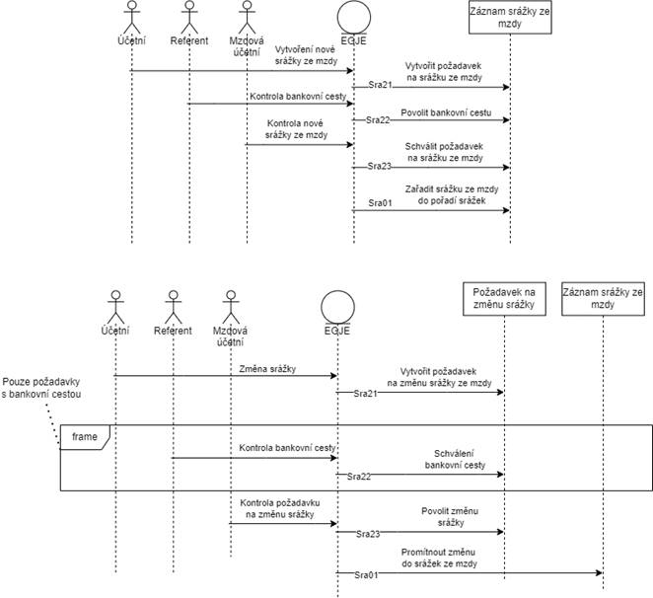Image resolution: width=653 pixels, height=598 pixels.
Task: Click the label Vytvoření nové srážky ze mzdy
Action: pos(306,55)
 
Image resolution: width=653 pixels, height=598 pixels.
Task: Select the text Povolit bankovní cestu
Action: pos(446,112)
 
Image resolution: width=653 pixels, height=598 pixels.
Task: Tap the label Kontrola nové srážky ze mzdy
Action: pos(296,129)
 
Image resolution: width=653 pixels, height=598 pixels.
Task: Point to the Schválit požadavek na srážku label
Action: pos(444,152)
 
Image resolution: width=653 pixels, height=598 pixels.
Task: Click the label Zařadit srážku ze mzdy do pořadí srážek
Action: pos(452,194)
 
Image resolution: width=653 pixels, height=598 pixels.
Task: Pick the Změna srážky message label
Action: pos(267,369)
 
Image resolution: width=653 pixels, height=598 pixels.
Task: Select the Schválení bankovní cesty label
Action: pos(455,459)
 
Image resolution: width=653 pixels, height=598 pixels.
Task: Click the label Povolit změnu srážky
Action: pos(450,517)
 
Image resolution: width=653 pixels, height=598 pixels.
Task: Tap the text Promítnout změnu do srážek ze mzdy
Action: pos(439,558)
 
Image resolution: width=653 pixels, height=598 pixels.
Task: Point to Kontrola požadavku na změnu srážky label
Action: pos(280,508)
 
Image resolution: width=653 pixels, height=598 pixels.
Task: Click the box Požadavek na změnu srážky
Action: pos(504,299)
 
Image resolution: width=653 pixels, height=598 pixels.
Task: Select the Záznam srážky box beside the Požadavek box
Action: pos(603,299)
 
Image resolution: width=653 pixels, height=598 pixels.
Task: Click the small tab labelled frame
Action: pos(85,437)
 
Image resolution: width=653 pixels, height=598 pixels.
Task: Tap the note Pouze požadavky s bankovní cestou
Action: pos(41,388)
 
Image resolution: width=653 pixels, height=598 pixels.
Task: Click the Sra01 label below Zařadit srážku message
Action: pos(380,203)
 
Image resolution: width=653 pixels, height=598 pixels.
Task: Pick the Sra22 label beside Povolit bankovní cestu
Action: pos(378,120)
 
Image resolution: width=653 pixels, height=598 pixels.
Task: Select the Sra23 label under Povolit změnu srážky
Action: pos(368,534)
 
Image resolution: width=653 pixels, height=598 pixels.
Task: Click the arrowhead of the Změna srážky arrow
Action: pos(334,376)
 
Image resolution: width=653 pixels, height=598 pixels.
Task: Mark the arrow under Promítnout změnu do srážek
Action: pos(470,573)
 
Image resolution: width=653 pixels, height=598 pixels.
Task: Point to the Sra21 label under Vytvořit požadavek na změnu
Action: pos(365,394)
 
